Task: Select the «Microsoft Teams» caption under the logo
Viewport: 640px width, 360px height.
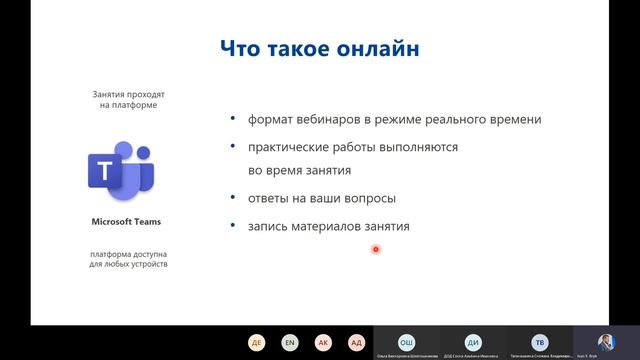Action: [126, 222]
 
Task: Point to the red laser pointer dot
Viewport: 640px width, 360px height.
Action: [376, 249]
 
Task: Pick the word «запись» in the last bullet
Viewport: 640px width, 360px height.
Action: [270, 226]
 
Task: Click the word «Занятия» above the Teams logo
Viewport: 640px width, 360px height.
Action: [109, 92]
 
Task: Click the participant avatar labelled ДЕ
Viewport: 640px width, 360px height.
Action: [257, 342]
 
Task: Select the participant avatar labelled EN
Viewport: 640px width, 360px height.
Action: [289, 342]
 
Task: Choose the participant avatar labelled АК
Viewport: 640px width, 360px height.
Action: [323, 342]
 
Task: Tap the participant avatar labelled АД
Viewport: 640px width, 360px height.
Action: [356, 342]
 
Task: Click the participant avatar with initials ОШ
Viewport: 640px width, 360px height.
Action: [406, 341]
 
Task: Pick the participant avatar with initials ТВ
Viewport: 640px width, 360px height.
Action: [539, 341]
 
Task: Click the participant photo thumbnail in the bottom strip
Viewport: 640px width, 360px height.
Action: [605, 341]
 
